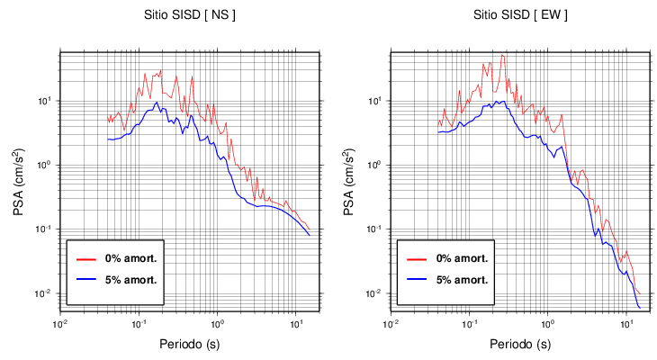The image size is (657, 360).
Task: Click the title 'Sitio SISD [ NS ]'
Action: click(x=189, y=15)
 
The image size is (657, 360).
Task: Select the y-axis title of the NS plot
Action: click(x=19, y=177)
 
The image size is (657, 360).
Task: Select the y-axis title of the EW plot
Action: click(x=349, y=177)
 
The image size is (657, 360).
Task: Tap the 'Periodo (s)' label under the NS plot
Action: click(x=190, y=344)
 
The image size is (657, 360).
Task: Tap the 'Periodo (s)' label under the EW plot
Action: click(x=520, y=344)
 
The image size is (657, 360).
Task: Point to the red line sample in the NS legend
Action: click(x=86, y=258)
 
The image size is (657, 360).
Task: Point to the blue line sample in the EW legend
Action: click(x=417, y=279)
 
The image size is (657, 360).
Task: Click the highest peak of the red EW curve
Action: click(x=503, y=56)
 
